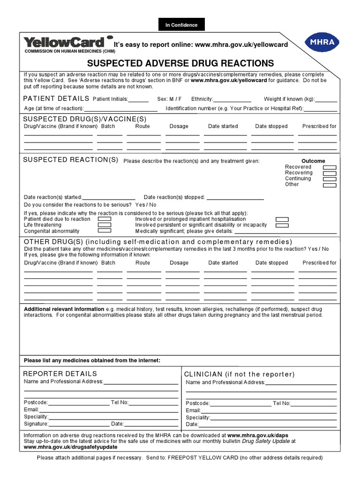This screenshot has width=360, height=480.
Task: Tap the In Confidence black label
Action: pos(181,25)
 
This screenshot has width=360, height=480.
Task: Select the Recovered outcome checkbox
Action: pos(330,167)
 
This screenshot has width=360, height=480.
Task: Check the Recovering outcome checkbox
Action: pos(330,173)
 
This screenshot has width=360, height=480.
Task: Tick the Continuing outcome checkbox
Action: pos(330,179)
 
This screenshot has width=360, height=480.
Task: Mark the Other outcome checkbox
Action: pos(330,185)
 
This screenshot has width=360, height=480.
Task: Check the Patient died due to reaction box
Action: pos(105,219)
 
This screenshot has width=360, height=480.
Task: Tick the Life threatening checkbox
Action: pos(105,225)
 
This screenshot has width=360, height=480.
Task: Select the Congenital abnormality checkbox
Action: pos(105,231)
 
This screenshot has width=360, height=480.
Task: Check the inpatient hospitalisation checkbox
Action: pos(282,219)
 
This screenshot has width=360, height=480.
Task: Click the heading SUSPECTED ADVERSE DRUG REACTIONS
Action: pos(180,63)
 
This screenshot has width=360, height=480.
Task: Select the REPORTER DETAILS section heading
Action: pos(60,374)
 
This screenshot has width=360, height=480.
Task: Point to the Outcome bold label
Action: pos(313,161)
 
